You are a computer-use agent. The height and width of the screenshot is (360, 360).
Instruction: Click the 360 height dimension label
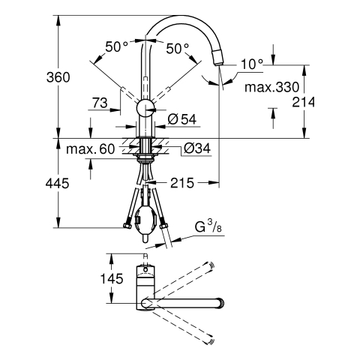[x=58, y=77]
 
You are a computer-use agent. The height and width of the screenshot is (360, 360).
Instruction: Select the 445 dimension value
[x=57, y=183]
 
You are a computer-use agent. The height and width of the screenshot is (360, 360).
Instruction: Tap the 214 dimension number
[x=304, y=102]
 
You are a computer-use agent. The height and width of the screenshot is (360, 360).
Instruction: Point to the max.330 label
[x=271, y=87]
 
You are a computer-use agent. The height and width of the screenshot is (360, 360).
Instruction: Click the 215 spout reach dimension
[x=182, y=183]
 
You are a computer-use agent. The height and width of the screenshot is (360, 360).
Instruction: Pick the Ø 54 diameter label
[x=182, y=119]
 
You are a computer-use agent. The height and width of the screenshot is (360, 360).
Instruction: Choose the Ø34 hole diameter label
[x=197, y=148]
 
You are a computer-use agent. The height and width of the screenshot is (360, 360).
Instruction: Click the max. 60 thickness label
[x=91, y=149]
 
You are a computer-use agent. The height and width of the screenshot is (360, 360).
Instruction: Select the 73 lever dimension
[x=100, y=103]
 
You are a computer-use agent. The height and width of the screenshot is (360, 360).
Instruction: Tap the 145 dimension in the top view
[x=112, y=278]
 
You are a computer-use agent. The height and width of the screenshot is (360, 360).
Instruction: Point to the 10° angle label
[x=252, y=64]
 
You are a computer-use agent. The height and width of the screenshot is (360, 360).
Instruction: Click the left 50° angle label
[x=116, y=46]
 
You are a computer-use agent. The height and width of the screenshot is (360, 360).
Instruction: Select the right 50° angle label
[x=178, y=49]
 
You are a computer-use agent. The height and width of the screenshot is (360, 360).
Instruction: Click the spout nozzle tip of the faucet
[x=218, y=57]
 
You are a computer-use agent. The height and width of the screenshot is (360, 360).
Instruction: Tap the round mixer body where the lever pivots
[x=145, y=108]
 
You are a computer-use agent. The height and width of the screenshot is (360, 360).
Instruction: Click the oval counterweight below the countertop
[x=145, y=220]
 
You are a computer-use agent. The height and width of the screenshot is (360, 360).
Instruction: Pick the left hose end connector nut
[x=127, y=226]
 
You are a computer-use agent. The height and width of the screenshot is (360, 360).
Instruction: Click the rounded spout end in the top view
[x=220, y=303]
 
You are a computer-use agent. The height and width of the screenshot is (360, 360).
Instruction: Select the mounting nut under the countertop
[x=145, y=157]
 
